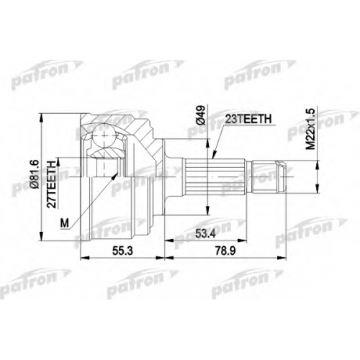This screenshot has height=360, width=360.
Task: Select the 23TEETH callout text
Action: tap(248, 120)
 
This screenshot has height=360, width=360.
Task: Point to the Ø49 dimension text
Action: tap(202, 114)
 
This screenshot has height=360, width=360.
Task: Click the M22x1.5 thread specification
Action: tap(310, 128)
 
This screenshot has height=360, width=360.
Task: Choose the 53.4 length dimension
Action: tap(205, 233)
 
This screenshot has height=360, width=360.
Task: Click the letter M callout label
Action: tap(64, 223)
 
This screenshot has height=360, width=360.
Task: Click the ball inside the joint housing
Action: tap(104, 135)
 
